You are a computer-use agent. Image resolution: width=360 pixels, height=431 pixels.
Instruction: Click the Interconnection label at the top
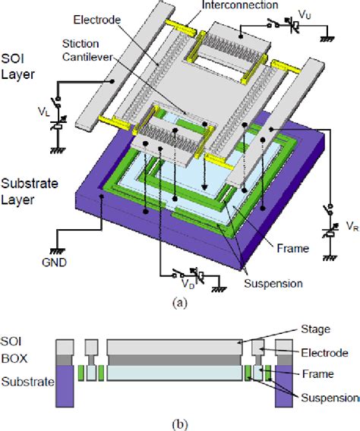pyautogui.click(x=240, y=5)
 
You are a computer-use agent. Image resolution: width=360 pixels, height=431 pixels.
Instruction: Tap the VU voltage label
pyautogui.click(x=305, y=15)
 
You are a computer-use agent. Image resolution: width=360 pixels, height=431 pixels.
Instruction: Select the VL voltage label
pyautogui.click(x=44, y=112)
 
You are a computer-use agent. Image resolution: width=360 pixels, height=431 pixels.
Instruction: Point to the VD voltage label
pyautogui.click(x=188, y=284)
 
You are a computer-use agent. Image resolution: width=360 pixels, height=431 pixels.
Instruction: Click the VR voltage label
pyautogui.click(x=353, y=226)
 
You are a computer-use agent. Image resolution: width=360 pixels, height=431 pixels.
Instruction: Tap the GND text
pyautogui.click(x=54, y=263)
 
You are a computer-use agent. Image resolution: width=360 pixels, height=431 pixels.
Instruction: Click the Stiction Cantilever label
pyautogui.click(x=87, y=50)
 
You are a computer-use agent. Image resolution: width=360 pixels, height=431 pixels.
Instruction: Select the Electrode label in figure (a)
pyautogui.click(x=97, y=20)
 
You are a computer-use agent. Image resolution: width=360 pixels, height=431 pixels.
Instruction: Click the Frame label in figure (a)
pyautogui.click(x=292, y=248)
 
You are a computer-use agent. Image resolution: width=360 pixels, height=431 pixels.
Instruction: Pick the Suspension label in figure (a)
pyautogui.click(x=273, y=283)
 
